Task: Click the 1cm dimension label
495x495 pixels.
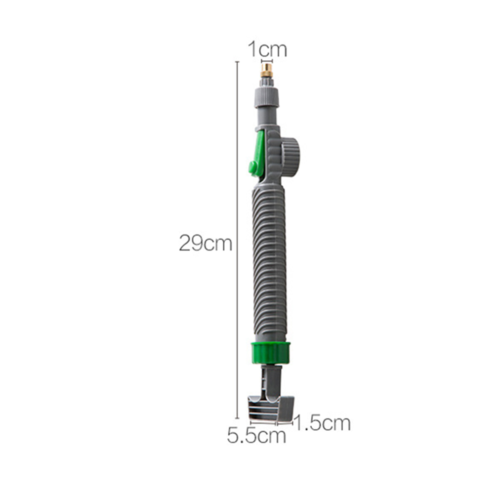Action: [x=267, y=49]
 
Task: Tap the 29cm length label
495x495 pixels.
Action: [x=206, y=244]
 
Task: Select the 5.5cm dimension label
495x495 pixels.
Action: [x=256, y=436]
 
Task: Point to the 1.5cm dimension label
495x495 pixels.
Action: [x=322, y=423]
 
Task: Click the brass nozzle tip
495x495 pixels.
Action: [x=267, y=71]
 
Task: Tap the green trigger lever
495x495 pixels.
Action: [x=257, y=155]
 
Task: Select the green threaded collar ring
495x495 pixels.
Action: [x=271, y=353]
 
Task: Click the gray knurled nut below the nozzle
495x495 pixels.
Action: [x=267, y=97]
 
